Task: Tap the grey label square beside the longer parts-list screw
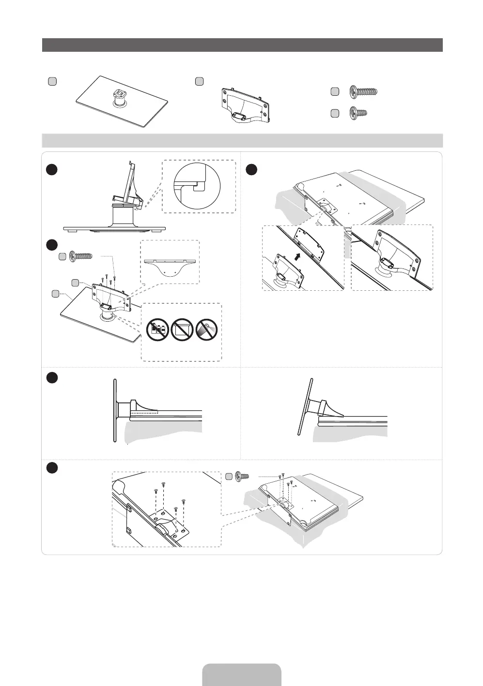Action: click(x=334, y=91)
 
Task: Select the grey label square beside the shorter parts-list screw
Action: click(x=334, y=113)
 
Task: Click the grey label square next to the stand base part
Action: click(x=52, y=81)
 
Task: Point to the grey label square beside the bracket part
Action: click(x=199, y=81)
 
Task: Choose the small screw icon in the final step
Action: click(x=240, y=477)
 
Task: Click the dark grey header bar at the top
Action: click(x=242, y=45)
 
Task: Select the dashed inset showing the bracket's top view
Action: click(x=170, y=262)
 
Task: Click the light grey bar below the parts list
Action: click(x=242, y=140)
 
